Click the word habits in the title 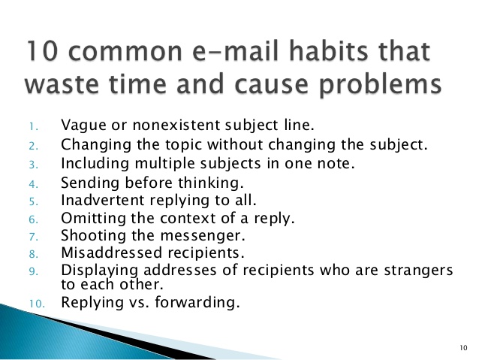point(328,50)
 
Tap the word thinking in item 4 point(211,183)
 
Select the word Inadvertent point(103,201)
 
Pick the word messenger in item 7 point(203,236)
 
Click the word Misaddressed point(111,253)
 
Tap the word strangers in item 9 point(418,271)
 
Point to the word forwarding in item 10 point(197,302)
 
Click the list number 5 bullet point(34,202)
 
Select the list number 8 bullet point(34,254)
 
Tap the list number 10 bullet point(37,304)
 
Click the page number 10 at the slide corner point(463,348)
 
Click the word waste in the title point(62,84)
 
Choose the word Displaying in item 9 point(99,271)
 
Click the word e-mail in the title point(236,50)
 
